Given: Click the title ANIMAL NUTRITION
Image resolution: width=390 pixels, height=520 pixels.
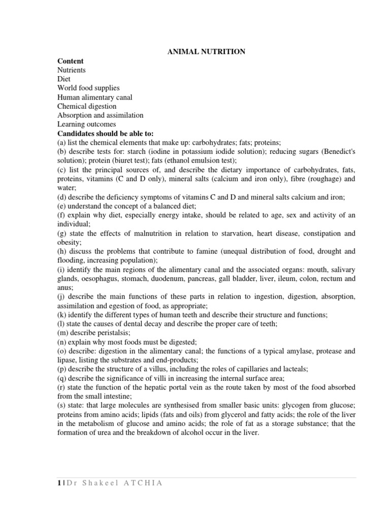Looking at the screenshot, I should click(x=206, y=52).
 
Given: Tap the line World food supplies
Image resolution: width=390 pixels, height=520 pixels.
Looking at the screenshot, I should click(x=88, y=88).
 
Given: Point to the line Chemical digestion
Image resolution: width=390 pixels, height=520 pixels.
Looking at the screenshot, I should click(x=87, y=106).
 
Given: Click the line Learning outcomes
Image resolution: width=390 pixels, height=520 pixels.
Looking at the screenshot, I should click(x=86, y=124).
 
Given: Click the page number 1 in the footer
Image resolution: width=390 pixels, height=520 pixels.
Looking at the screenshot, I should click(x=59, y=482).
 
